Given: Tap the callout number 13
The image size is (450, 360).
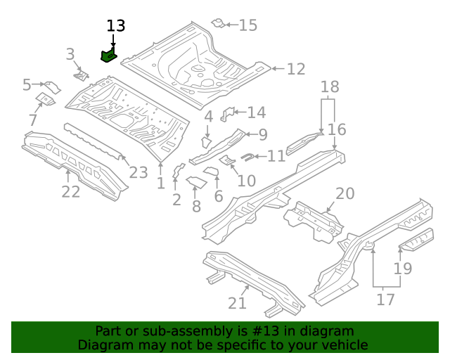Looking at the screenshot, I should pyautogui.click(x=116, y=26).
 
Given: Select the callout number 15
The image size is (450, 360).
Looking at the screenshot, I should pyautogui.click(x=248, y=26).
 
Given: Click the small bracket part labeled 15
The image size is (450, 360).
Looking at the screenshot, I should pyautogui.click(x=219, y=24).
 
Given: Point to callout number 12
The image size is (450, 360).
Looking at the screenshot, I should pyautogui.click(x=296, y=69).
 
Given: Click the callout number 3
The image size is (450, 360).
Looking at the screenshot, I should pyautogui.click(x=70, y=54).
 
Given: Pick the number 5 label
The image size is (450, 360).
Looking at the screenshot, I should pyautogui.click(x=27, y=85).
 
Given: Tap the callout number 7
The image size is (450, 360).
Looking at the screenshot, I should pyautogui.click(x=33, y=120).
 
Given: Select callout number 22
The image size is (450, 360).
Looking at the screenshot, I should pyautogui.click(x=71, y=192).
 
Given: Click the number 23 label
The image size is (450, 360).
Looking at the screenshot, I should pyautogui.click(x=139, y=173).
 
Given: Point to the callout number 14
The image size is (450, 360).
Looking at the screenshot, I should pyautogui.click(x=256, y=112).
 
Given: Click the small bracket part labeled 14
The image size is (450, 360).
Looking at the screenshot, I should pyautogui.click(x=227, y=114).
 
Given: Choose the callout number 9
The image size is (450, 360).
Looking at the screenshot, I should pyautogui.click(x=262, y=134).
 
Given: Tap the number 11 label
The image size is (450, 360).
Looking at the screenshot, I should pyautogui.click(x=276, y=156).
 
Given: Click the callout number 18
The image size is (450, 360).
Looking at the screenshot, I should pyautogui.click(x=330, y=87).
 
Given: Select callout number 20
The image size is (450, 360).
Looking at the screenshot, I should pyautogui.click(x=345, y=194).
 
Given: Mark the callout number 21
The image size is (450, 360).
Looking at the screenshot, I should pyautogui.click(x=237, y=303).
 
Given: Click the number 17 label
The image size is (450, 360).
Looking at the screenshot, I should pyautogui.click(x=386, y=300).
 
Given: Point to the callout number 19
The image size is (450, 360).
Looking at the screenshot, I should pyautogui.click(x=402, y=269).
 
